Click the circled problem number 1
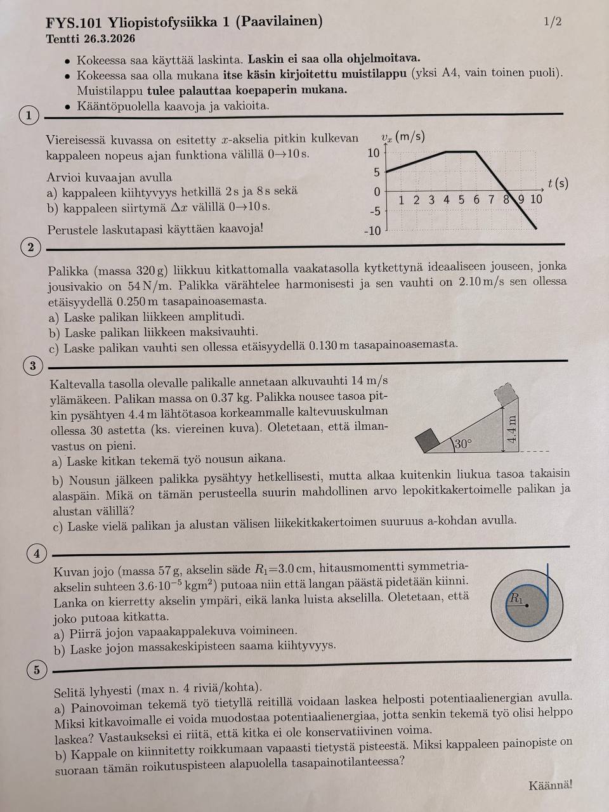pos(29,115)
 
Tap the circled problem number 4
pos(37,554)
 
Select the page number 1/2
pos(553,22)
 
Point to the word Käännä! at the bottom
pos(550,785)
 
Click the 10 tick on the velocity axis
pos(374,153)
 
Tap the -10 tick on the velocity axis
pos(372,231)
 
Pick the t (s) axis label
pos(558,183)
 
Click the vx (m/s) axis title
pos(403,137)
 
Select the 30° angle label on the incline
pos(463,444)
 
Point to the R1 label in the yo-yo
pos(516,598)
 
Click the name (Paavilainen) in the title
pos(278,22)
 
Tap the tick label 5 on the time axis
pos(461,200)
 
